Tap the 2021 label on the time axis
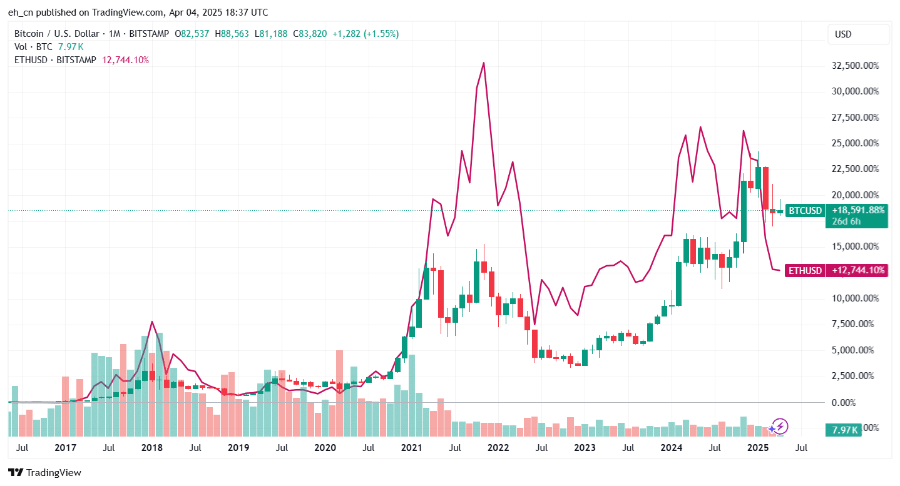(x=411, y=448)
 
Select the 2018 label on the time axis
(x=151, y=448)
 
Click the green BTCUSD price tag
(x=804, y=211)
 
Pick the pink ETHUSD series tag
(x=805, y=271)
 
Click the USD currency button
(x=843, y=34)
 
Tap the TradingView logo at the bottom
(x=44, y=473)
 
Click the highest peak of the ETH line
(x=484, y=63)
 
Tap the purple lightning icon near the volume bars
(x=779, y=427)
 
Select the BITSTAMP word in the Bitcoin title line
(x=148, y=34)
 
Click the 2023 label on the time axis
(x=585, y=448)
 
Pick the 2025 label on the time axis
(x=758, y=448)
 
